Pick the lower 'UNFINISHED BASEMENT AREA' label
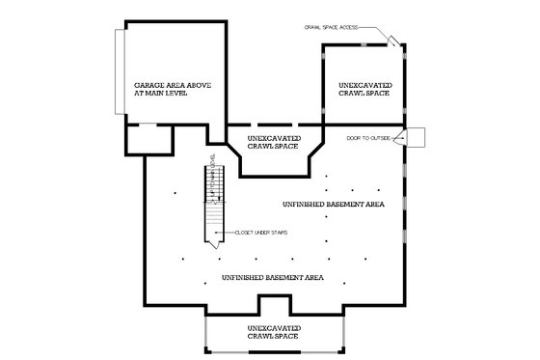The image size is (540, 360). tap(272, 278)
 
